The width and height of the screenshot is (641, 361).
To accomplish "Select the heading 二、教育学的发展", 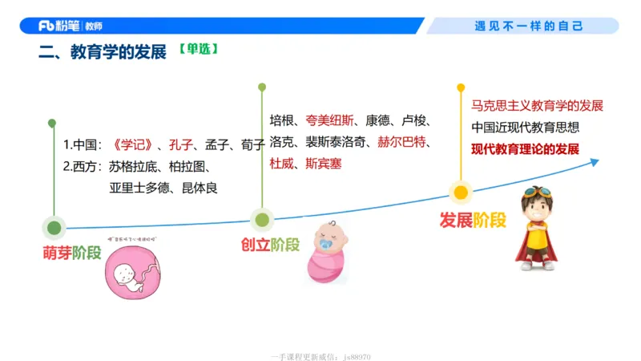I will click(x=103, y=52).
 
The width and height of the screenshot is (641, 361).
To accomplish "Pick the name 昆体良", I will click(x=200, y=188).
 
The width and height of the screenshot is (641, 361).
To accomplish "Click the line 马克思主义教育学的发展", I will click(x=537, y=106).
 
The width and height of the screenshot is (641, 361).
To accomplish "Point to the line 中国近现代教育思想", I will click(x=525, y=127).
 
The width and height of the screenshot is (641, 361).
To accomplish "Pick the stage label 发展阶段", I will click(x=473, y=220).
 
